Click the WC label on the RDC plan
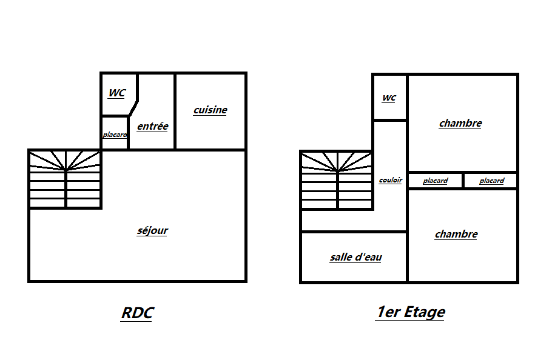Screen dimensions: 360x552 (x=116, y=93)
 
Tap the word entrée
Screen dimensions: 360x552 (x=152, y=127)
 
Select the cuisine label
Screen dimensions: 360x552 (x=210, y=110)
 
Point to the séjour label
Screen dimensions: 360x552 (x=152, y=231)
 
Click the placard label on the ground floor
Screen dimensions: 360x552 (x=115, y=135)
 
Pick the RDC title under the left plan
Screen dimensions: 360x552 (x=137, y=313)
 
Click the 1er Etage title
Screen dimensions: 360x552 (x=410, y=313)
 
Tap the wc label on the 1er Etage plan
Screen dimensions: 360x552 (x=389, y=98)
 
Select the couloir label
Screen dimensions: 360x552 (x=390, y=180)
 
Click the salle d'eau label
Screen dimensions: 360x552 (x=356, y=258)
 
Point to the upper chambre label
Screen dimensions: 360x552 (x=460, y=124)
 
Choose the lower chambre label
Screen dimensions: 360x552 (x=456, y=235)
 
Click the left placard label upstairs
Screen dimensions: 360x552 (x=435, y=181)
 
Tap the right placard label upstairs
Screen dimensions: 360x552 (x=491, y=181)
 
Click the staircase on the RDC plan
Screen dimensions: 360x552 (x=65, y=179)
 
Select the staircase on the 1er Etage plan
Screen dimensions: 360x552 (x=337, y=179)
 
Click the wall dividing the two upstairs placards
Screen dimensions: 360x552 (x=463, y=181)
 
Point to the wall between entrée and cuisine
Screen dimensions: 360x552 (x=175, y=112)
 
